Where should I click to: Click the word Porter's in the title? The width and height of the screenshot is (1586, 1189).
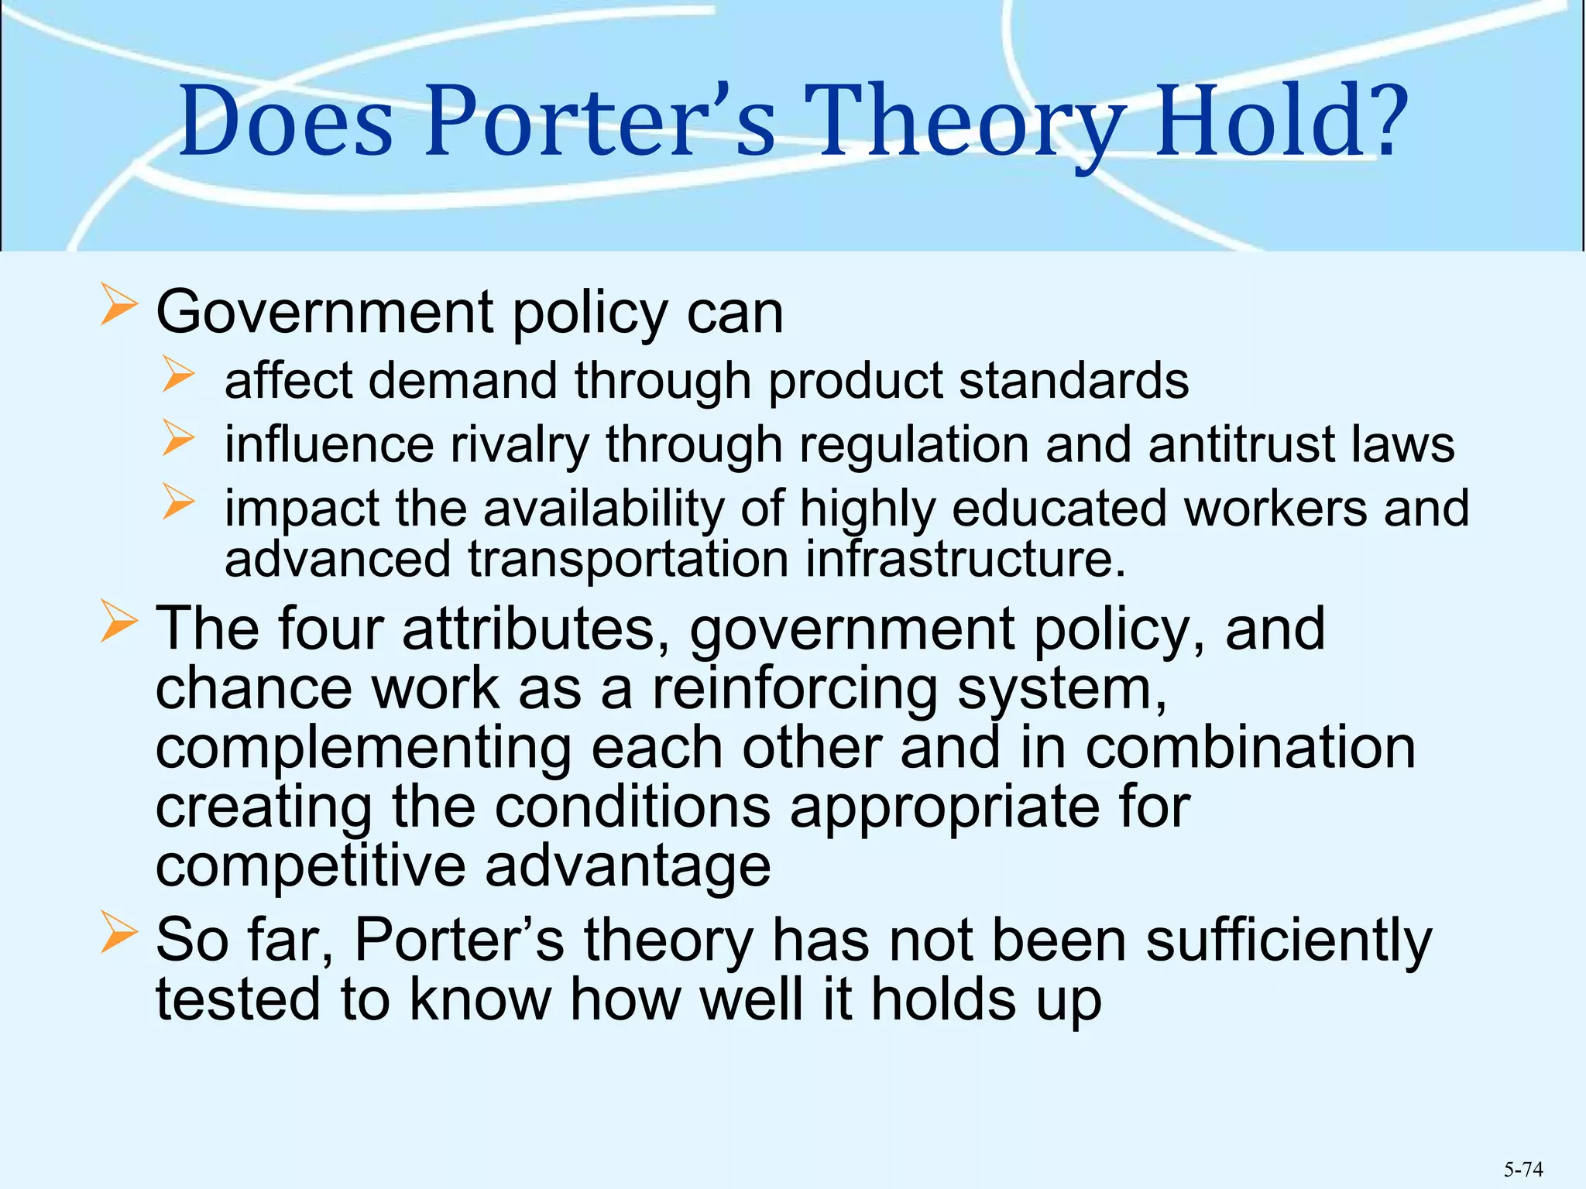click(x=600, y=122)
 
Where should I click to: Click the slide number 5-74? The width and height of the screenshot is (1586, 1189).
click(x=1523, y=1169)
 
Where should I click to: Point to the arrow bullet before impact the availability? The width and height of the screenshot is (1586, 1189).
click(x=178, y=501)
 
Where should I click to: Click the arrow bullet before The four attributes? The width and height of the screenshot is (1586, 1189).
click(x=118, y=623)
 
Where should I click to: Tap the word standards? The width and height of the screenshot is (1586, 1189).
click(x=1073, y=382)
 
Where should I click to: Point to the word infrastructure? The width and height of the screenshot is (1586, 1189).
click(x=965, y=559)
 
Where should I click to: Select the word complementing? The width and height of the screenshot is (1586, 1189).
click(x=363, y=749)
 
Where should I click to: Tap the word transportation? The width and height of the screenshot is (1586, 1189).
click(x=628, y=559)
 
